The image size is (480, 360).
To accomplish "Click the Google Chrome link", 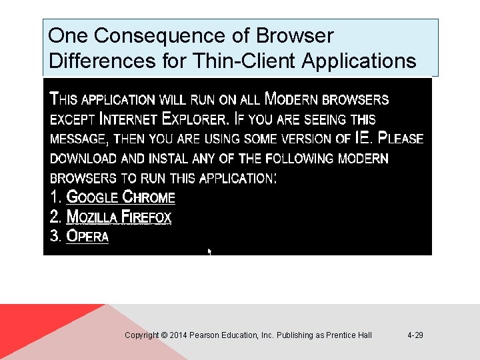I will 121,197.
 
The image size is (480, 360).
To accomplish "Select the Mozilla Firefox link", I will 119,217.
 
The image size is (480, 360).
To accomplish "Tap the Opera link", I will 87,236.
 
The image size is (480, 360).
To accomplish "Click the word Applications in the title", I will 359,61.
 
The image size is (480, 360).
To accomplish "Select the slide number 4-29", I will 415,335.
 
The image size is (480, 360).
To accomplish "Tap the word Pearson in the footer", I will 204,335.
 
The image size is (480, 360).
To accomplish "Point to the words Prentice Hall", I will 349,335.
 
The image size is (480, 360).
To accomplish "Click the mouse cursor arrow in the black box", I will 209,252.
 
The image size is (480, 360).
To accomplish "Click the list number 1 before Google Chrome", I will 55,197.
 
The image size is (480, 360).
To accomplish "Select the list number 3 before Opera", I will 56,236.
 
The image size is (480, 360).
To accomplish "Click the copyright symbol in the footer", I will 165,335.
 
